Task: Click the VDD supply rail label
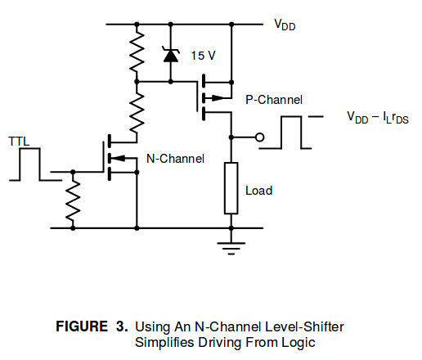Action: coord(285,25)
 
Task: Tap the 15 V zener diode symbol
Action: coord(171,55)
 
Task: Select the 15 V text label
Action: coord(204,56)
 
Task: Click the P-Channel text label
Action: coord(274,100)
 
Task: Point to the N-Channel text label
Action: coord(175,159)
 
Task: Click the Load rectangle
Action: coord(231,188)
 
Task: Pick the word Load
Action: coord(259,191)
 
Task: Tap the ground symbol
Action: coord(231,249)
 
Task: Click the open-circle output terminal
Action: coord(260,137)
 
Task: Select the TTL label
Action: coord(19,142)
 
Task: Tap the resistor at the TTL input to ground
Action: coord(73,200)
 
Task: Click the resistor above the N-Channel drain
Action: coord(137,112)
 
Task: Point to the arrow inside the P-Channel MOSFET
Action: coord(217,97)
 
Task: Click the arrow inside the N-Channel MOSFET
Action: coord(120,158)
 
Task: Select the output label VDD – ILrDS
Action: coord(378,118)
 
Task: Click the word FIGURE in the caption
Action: coord(82,326)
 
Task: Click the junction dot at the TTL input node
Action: coord(73,172)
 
